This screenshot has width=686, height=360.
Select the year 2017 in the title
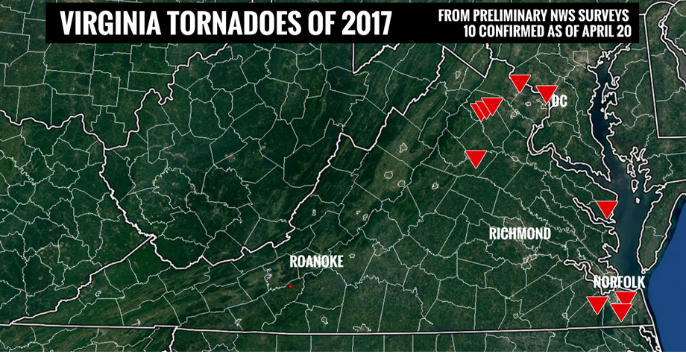point(363,24)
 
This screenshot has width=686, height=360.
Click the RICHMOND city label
point(520,234)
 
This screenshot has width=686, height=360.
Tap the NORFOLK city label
point(619,282)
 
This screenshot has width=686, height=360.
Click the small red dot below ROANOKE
point(290,286)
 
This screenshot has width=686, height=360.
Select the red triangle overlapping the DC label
point(547,93)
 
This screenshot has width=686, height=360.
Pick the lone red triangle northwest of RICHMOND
point(476,157)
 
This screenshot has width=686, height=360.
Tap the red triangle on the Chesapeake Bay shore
point(606,209)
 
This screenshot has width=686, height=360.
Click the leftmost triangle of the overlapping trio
point(479,111)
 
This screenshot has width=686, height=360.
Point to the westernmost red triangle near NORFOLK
point(597,304)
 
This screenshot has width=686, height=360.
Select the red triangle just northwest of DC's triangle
point(519,82)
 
